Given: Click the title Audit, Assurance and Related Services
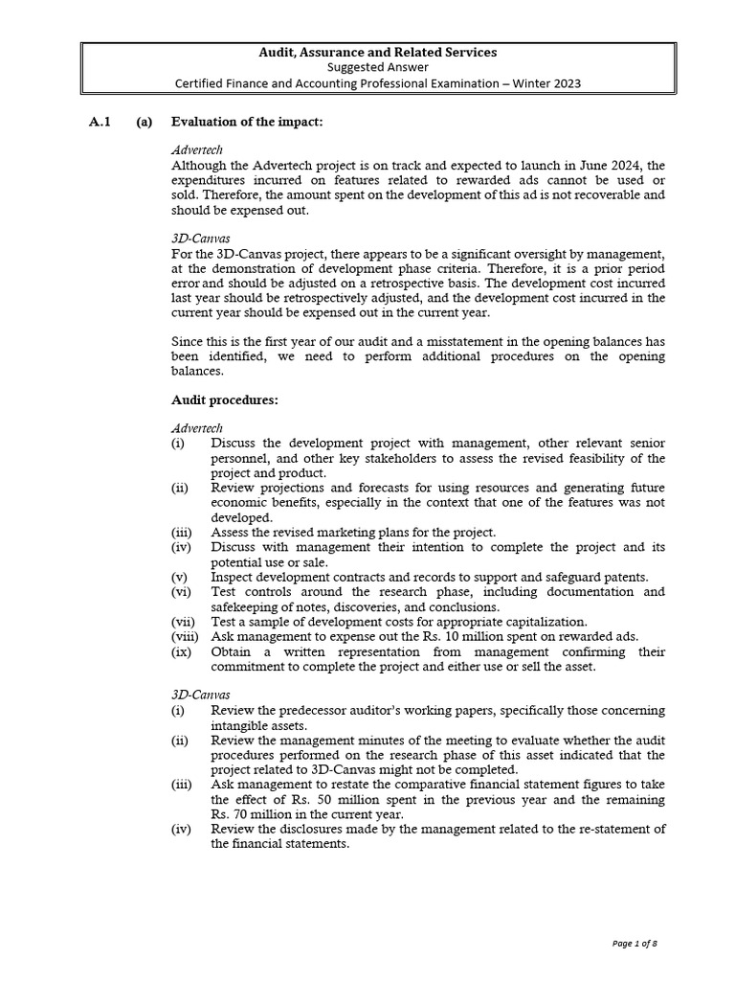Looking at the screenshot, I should coord(377,52).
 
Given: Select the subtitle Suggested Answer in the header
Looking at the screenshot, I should coord(377,67).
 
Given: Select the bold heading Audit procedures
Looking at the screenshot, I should coord(224,400).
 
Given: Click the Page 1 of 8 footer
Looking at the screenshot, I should coord(635,944).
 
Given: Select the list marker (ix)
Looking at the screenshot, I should coord(181,651).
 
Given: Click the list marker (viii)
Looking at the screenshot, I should coord(184,637).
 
